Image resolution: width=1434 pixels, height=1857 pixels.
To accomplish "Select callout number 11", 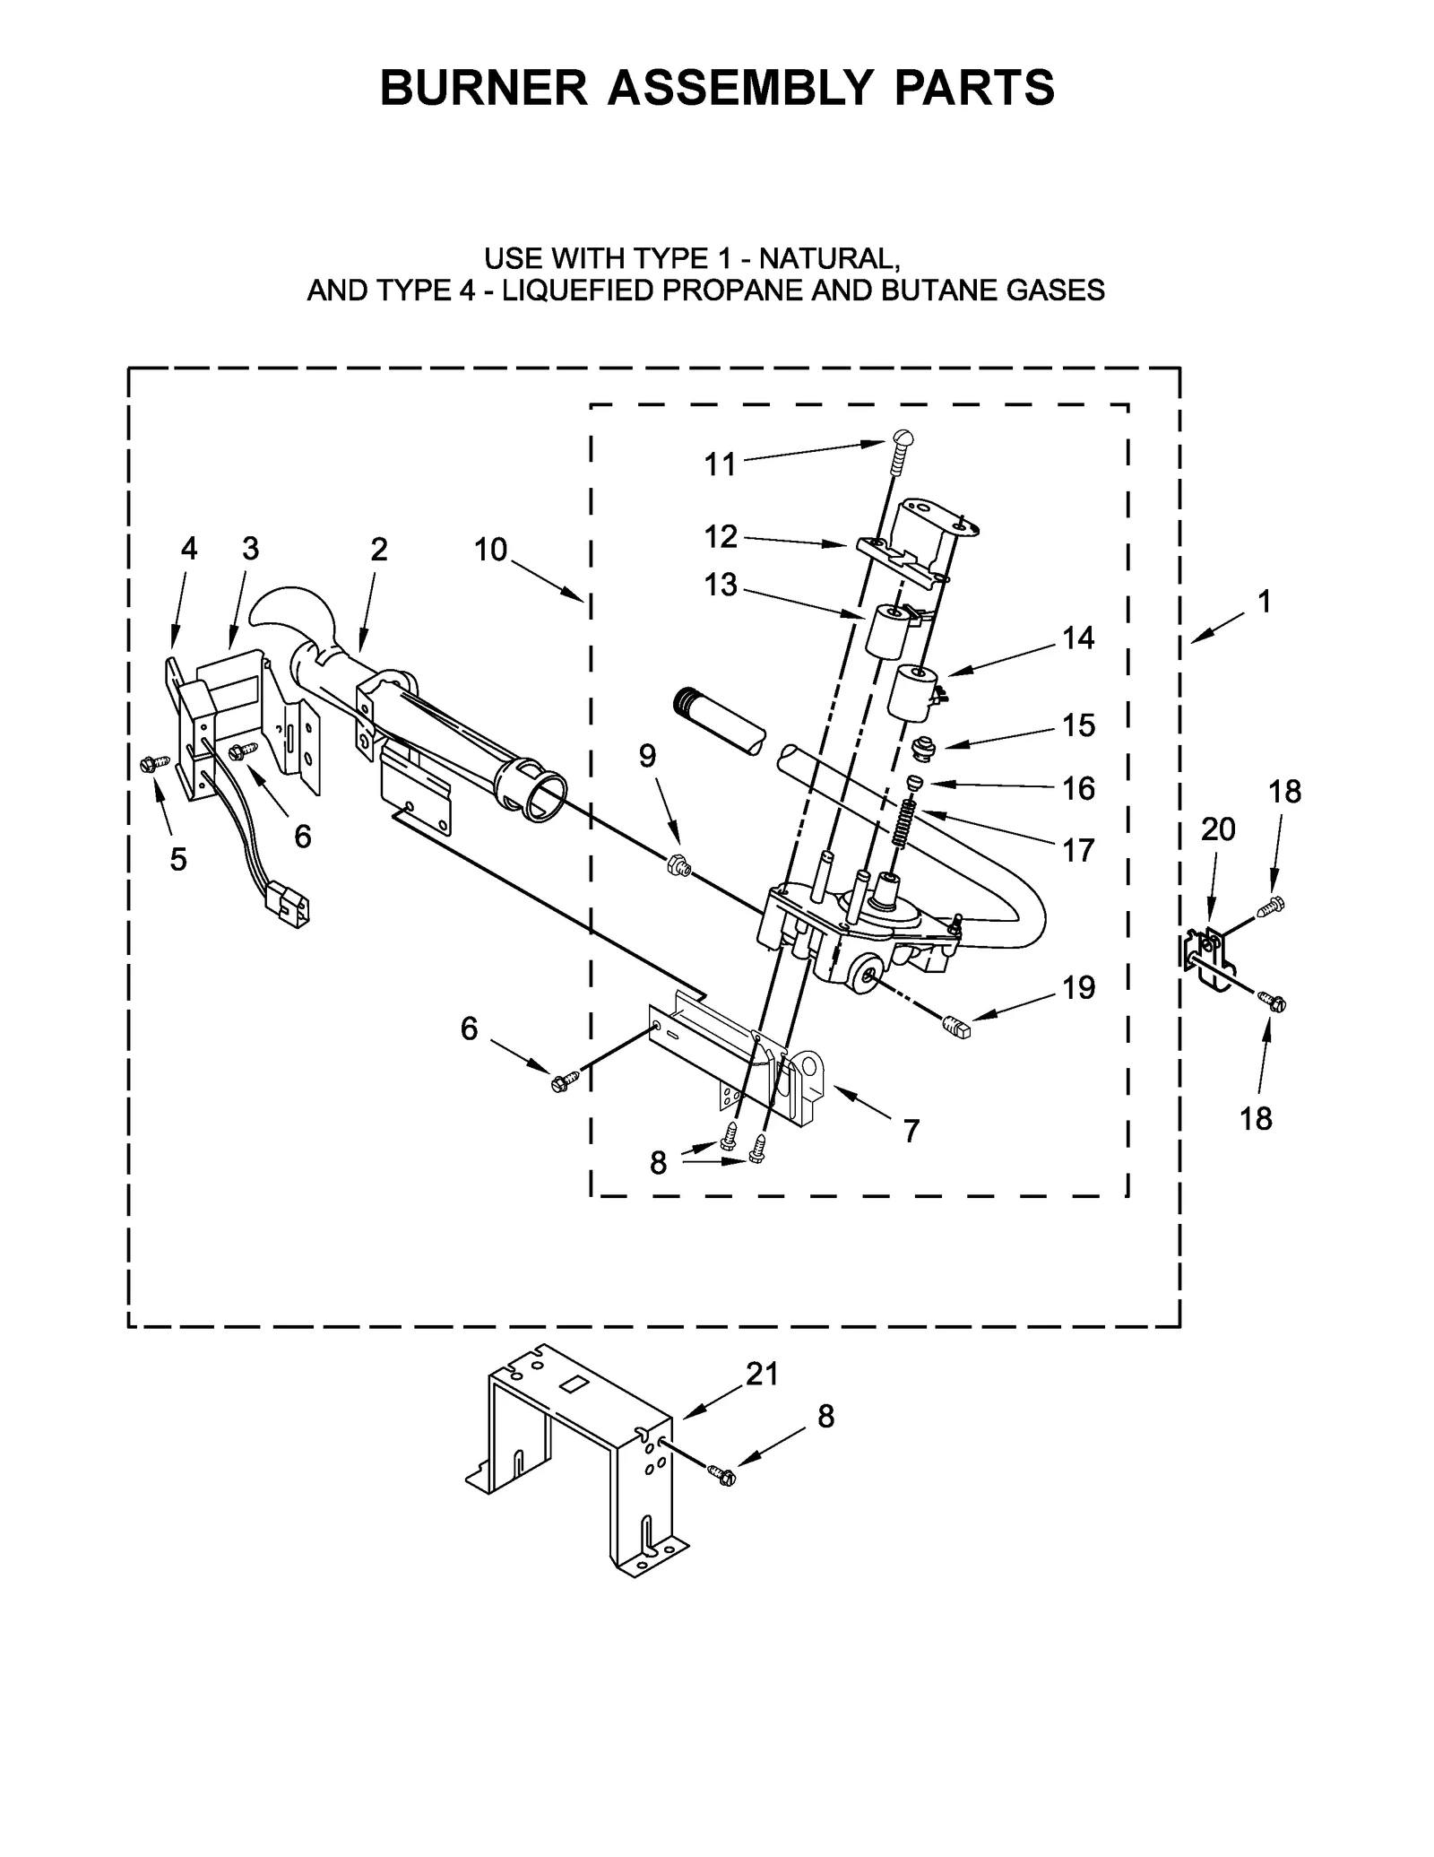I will tap(720, 464).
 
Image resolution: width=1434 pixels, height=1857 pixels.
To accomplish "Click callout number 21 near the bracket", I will tap(762, 1375).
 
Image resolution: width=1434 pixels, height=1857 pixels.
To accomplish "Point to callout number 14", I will tap(1078, 638).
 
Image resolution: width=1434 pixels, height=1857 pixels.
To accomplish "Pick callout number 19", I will tap(1078, 987).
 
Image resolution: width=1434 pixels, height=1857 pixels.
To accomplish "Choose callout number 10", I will tap(490, 550).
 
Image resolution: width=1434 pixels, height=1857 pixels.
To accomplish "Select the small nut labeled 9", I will tap(678, 866).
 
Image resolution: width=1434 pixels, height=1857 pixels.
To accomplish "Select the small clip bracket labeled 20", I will tap(1210, 958).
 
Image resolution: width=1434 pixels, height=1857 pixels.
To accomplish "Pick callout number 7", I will tap(911, 1132).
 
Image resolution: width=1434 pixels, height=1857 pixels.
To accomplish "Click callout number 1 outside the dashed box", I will tap(1264, 602).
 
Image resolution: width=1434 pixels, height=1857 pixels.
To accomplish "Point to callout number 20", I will tap(1218, 830).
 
